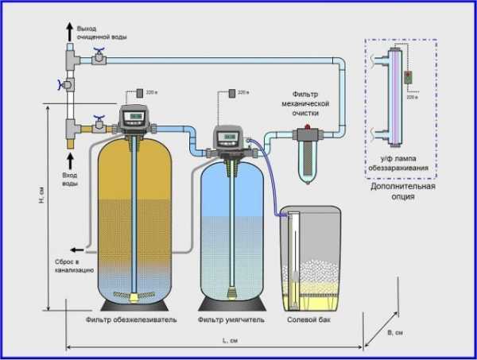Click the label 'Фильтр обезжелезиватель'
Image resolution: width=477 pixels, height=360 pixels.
pyautogui.click(x=132, y=321)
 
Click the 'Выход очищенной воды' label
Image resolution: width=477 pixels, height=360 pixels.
pyautogui.click(x=99, y=33)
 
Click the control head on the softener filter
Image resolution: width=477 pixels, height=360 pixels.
pyautogui.click(x=231, y=139)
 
